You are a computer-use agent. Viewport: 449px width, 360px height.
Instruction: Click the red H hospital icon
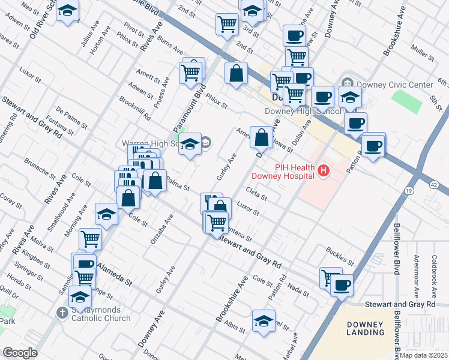tap(324, 172)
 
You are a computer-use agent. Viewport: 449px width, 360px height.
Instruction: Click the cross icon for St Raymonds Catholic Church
tap(61, 313)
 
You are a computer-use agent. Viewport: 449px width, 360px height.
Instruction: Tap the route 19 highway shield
tap(408, 190)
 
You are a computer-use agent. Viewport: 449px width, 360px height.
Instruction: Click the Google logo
tap(20, 353)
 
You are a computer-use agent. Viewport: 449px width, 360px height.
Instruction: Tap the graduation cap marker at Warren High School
tap(190, 145)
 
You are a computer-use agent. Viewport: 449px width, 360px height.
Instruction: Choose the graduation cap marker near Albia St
tap(264, 321)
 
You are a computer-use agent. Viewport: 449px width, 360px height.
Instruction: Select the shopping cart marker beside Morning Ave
tap(90, 239)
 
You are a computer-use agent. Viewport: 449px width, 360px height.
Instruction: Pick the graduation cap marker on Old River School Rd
tap(68, 11)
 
